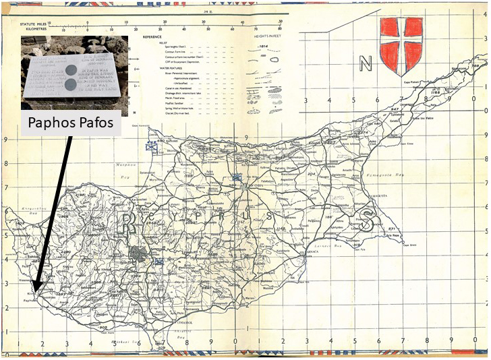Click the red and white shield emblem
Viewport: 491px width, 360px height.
[403, 40]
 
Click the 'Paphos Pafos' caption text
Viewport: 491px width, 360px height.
[71, 124]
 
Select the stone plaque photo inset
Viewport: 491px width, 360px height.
[70, 72]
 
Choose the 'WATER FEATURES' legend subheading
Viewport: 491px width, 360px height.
[153, 67]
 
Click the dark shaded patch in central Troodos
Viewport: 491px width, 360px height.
[139, 255]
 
